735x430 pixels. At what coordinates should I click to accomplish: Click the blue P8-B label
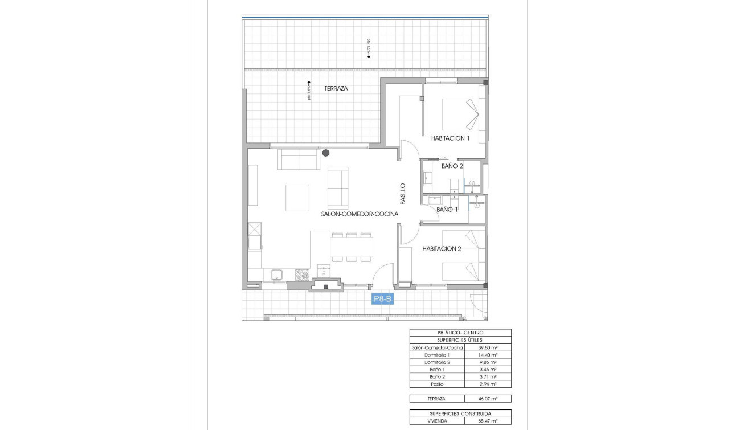tap(382, 299)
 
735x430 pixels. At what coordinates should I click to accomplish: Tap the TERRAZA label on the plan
tap(336, 89)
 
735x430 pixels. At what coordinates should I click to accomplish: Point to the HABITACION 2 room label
tap(442, 248)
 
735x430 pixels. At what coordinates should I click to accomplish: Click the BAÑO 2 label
tap(452, 166)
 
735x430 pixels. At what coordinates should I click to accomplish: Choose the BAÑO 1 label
tap(447, 210)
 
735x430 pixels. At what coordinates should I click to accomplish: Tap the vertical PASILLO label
tap(402, 194)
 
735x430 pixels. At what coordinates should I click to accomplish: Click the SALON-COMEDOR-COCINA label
tap(359, 214)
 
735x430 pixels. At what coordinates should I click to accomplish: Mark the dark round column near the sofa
tap(326, 153)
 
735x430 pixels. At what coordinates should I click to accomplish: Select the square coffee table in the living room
tap(297, 198)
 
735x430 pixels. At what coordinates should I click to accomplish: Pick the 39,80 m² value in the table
tap(488, 347)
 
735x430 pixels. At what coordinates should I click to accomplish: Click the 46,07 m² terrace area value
tap(488, 399)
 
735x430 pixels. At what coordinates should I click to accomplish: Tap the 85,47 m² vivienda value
tap(488, 421)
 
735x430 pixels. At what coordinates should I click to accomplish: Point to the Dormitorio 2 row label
tap(437, 362)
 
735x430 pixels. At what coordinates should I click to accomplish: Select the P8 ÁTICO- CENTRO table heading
tap(460, 333)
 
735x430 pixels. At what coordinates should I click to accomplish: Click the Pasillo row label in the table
tap(437, 384)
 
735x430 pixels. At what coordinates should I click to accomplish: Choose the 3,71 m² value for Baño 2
tap(488, 376)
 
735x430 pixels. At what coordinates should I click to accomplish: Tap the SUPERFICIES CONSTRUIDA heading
tap(460, 413)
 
